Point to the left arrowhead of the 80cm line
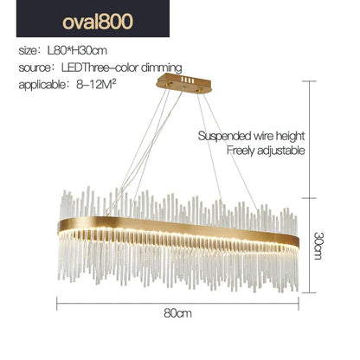click(x=60, y=303)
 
